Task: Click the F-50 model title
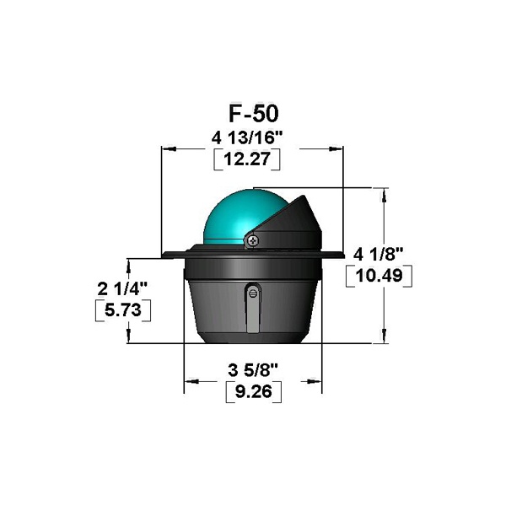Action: (253, 113)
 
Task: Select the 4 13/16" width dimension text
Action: (247, 138)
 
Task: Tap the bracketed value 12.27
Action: (247, 159)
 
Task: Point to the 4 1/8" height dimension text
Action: (378, 255)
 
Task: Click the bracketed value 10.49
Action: (379, 276)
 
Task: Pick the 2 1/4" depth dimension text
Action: (122, 288)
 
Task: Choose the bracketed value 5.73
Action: (123, 310)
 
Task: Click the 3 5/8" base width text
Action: (253, 370)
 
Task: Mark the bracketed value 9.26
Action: (253, 392)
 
